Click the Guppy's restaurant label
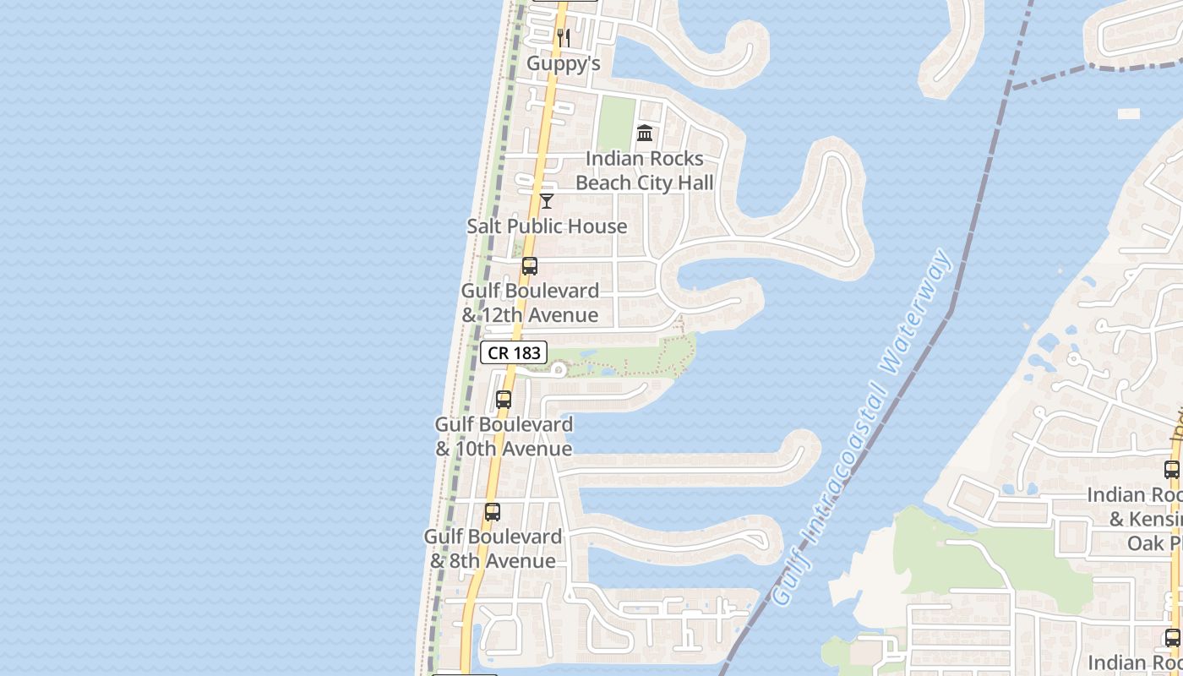pos(563,63)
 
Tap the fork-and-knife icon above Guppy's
pos(564,38)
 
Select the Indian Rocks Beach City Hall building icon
pos(645,133)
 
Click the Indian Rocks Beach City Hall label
pos(644,171)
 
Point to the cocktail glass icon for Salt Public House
pos(547,201)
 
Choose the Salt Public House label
pos(547,226)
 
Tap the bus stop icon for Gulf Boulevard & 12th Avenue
pos(530,266)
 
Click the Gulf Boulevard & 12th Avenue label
pos(530,303)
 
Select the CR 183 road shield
pos(514,352)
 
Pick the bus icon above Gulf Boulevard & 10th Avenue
pos(504,400)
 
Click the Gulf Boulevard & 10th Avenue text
pos(504,436)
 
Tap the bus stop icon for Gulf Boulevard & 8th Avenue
pos(493,512)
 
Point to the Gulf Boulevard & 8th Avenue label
pos(493,548)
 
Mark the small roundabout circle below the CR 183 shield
pos(559,369)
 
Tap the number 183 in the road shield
pos(526,352)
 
